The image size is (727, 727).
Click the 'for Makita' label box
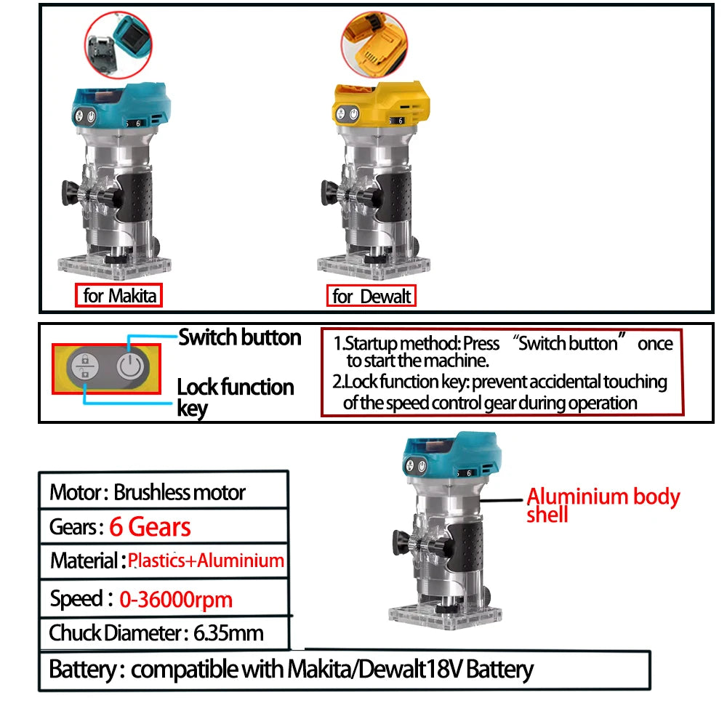tap(119, 295)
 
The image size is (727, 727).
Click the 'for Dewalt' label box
tap(371, 296)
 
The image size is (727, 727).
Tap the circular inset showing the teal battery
tap(119, 44)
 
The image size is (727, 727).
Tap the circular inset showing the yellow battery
tap(374, 44)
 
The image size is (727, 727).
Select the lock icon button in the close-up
tap(85, 366)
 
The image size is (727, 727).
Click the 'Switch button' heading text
tap(240, 337)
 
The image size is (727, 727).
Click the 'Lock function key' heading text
tap(235, 397)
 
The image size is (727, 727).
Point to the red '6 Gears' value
tap(150, 526)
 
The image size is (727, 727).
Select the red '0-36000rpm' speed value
tap(176, 599)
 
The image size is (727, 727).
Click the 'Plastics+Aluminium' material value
tap(206, 561)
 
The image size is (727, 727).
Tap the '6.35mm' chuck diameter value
tap(228, 633)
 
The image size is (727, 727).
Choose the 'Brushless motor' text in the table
tap(180, 492)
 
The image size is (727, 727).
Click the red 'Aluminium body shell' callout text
tap(603, 505)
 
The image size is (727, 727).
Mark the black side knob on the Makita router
tap(71, 193)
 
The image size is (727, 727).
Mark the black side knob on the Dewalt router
tap(330, 193)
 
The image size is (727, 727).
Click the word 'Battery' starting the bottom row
tap(83, 670)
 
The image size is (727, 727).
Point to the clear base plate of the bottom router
tap(445, 615)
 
